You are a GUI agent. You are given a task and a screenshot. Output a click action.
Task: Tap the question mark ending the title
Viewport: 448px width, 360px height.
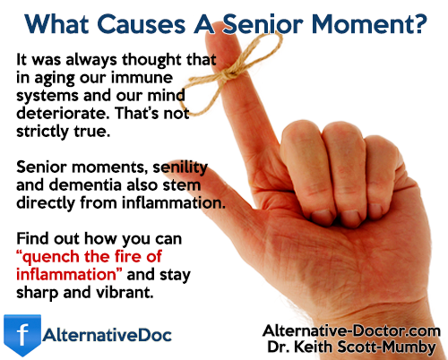(420, 23)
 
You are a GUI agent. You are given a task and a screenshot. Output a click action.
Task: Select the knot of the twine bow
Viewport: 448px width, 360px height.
(230, 73)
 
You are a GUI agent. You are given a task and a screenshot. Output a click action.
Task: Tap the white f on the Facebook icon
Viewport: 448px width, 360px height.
(22, 335)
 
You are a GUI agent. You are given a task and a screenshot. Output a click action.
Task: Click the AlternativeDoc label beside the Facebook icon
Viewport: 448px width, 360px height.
(107, 335)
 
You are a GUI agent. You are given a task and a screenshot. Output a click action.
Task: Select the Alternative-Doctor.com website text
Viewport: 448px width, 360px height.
(351, 330)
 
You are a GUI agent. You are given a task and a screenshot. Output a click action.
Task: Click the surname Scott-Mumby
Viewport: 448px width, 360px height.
(386, 347)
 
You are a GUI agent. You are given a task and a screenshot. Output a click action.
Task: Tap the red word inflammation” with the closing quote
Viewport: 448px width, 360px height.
(69, 274)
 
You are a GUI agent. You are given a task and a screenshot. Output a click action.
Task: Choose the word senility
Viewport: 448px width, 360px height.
(180, 167)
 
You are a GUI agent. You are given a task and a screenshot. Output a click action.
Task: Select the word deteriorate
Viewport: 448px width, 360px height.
(64, 113)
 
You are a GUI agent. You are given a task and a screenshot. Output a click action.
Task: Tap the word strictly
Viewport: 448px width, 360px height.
(42, 132)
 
